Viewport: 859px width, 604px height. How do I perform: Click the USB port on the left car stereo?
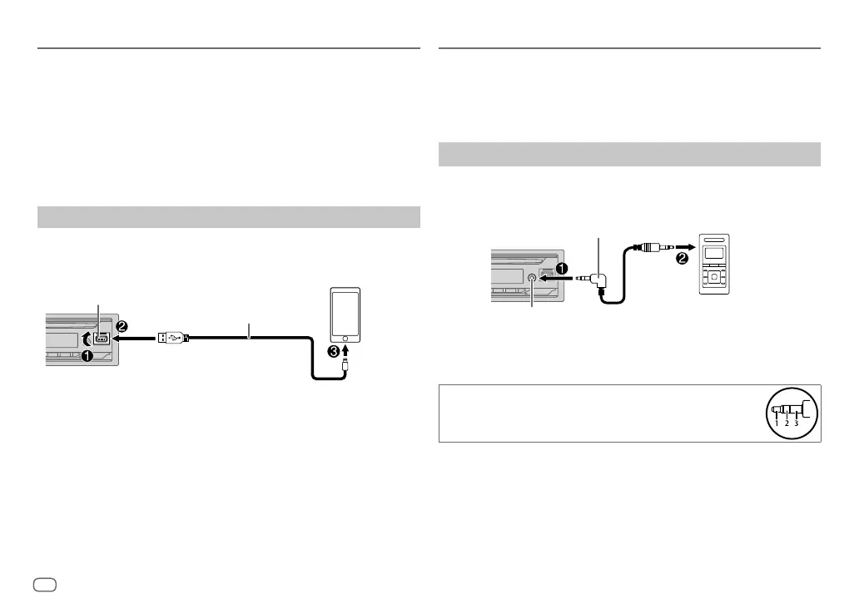101,339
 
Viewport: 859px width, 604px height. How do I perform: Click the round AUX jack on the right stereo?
532,279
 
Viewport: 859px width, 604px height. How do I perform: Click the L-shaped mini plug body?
599,283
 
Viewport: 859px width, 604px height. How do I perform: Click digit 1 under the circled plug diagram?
776,423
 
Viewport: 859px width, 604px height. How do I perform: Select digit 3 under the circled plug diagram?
796,423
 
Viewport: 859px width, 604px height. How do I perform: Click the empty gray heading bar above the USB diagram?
229,217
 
